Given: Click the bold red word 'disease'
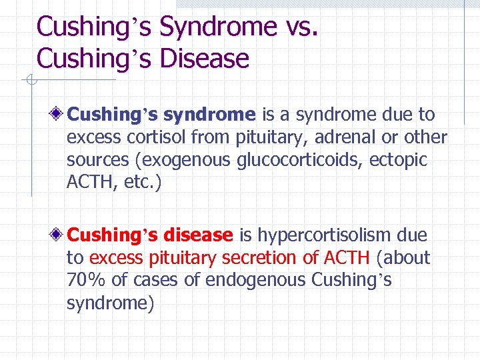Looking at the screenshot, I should [x=197, y=235].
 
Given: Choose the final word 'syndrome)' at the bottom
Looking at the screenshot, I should [x=110, y=303].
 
